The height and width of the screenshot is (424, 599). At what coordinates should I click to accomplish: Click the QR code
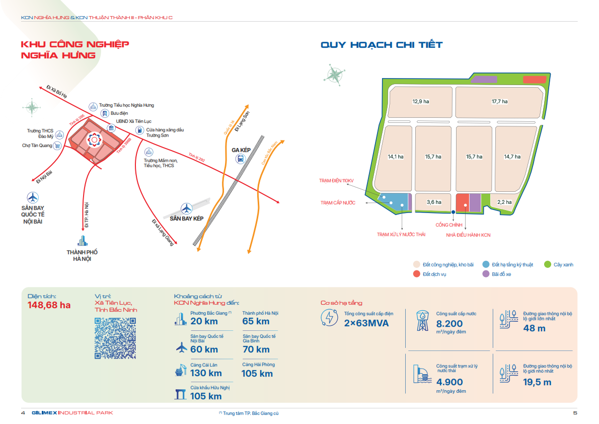115,338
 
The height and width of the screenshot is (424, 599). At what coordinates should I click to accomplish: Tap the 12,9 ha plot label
421,102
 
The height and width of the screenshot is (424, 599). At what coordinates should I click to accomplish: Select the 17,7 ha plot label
499,102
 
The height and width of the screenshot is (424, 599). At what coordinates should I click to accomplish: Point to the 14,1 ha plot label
396,157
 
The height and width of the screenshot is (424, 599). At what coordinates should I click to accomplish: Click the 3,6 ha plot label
434,202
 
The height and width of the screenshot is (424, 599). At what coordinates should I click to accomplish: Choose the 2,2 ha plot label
504,202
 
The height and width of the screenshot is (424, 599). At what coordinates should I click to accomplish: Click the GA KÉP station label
241,150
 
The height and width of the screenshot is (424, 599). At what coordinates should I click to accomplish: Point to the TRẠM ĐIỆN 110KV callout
337,180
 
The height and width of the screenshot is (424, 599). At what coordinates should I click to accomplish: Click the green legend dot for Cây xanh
547,264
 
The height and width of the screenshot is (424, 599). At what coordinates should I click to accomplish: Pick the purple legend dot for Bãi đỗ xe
486,274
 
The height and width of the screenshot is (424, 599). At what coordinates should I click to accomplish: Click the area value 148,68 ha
49,306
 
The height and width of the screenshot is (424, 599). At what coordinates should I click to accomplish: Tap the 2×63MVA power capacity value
366,323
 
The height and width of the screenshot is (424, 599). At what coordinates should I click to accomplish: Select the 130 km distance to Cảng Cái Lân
206,373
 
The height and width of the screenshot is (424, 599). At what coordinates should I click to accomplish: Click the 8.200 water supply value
450,324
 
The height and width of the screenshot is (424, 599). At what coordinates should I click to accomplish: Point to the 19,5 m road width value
537,382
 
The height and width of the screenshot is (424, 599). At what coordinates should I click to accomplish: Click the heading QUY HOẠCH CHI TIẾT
382,45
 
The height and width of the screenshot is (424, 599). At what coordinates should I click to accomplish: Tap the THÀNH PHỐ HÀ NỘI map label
82,255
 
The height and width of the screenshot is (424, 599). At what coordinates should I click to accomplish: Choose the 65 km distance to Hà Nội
256,321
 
